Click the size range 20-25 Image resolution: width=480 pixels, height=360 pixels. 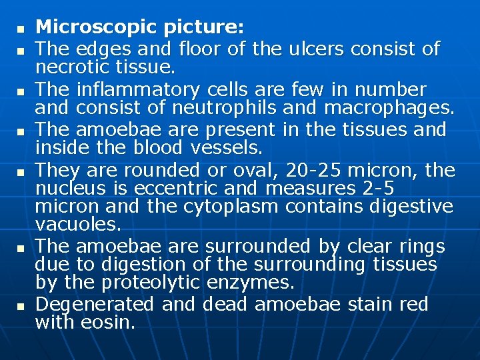click(320, 171)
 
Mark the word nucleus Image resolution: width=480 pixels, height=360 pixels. click(68, 189)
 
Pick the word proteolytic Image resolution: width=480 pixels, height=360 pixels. click(142, 283)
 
